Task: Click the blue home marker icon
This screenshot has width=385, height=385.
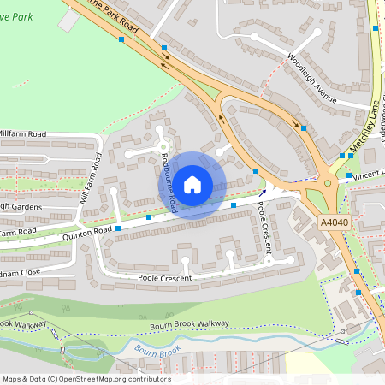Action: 192,184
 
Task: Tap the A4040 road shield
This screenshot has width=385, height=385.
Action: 335,222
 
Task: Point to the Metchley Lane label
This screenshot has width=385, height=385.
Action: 364,128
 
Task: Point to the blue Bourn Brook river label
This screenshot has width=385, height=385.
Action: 157,349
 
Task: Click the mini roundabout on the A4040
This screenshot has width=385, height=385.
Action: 327,181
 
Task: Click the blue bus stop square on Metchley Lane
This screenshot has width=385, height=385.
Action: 376,28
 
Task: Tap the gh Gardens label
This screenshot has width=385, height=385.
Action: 21,206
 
